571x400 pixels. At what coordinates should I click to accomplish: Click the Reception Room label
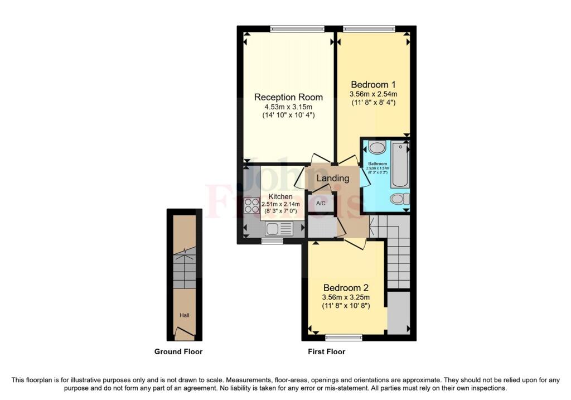coord(288,97)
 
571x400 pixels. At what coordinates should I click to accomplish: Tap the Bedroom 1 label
coord(373,84)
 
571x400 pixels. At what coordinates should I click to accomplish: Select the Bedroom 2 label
coord(346,287)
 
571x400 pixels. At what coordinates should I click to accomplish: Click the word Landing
coord(333,178)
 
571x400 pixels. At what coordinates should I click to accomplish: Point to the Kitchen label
coord(281,197)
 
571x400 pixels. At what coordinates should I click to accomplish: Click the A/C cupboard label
coord(321,203)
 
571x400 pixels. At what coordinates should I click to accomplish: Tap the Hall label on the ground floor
coord(185,316)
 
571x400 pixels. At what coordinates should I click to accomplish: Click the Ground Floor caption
coord(178,351)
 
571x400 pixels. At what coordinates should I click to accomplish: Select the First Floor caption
coord(327,351)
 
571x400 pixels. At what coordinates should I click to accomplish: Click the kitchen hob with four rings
coord(252,205)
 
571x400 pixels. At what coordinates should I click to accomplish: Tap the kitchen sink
coord(279,229)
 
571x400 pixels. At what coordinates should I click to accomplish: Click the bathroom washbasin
coord(377,148)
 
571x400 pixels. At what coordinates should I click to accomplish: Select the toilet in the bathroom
coord(400,199)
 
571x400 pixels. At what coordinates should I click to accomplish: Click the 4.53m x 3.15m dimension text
coord(288,107)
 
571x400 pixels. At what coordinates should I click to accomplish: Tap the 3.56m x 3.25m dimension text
coord(346,297)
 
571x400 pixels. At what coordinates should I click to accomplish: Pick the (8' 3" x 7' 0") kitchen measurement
coord(281,211)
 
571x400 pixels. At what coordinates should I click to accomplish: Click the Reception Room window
coord(297,29)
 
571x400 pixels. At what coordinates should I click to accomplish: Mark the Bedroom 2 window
coord(343,338)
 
